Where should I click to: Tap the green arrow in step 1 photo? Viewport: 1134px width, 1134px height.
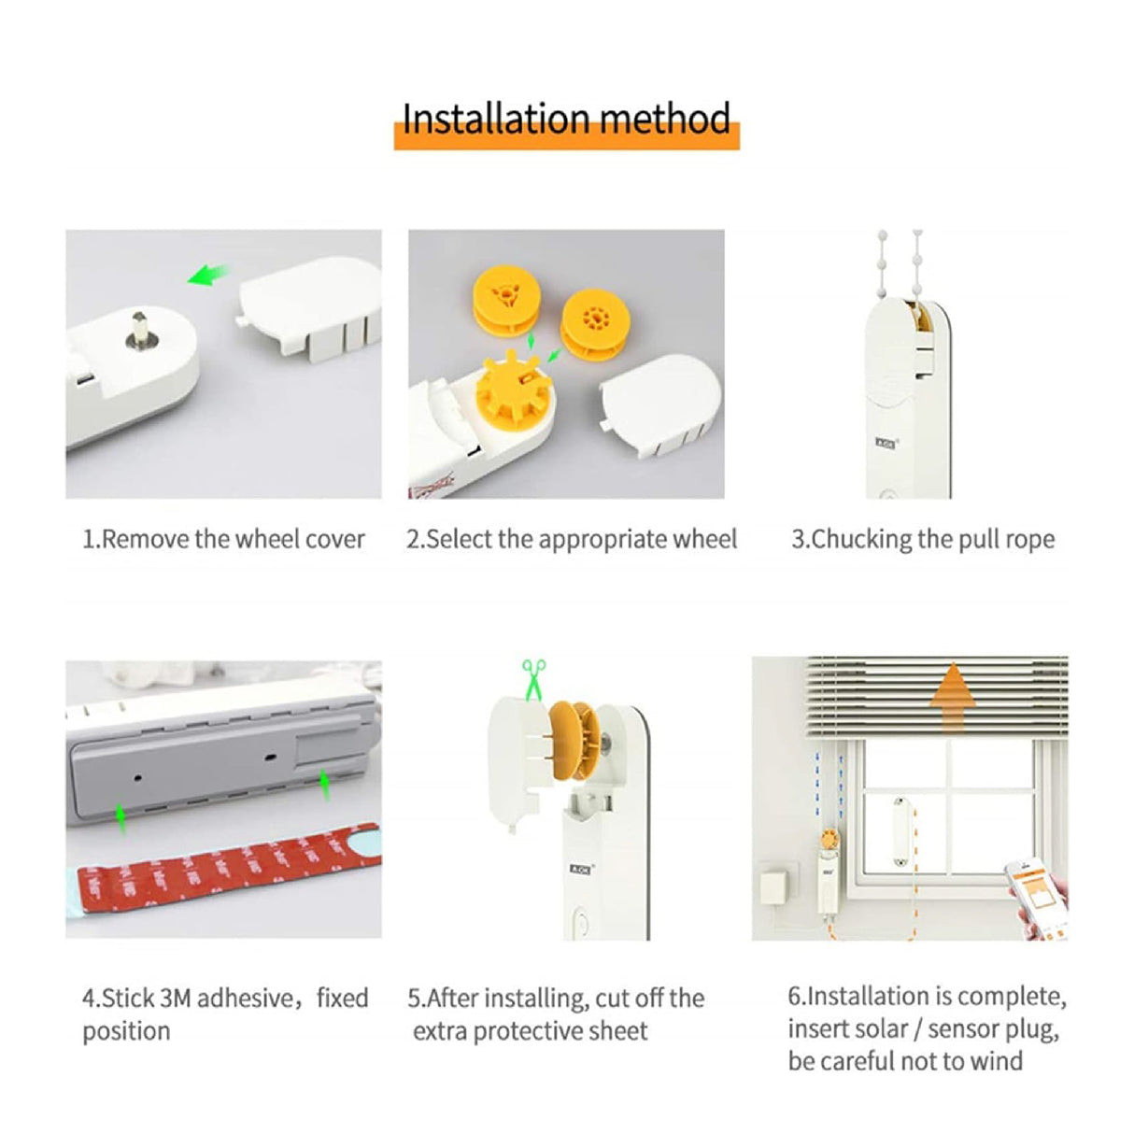[209, 275]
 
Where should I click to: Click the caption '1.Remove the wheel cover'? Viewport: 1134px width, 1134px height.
[223, 539]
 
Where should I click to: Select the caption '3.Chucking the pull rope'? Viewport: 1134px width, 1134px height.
[923, 539]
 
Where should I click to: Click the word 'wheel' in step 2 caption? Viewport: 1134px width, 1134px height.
[706, 539]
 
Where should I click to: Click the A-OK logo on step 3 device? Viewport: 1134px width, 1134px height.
[886, 444]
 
